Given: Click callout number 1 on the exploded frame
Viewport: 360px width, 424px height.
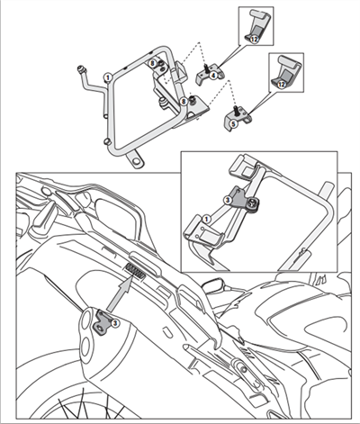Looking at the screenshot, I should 109,78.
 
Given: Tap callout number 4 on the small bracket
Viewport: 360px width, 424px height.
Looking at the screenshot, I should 214,77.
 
